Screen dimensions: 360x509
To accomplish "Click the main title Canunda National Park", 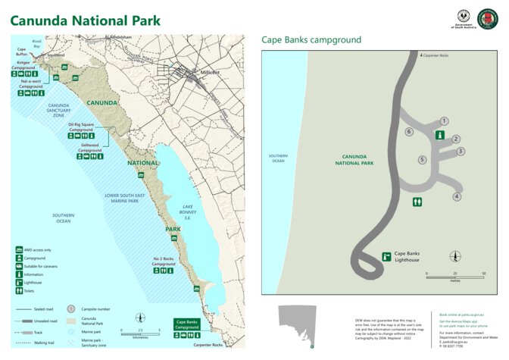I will pos(85,20).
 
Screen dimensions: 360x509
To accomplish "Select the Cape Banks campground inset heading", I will pos(311,39).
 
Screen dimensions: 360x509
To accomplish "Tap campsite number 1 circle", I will pos(444,121).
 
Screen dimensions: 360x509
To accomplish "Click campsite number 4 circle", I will pos(457,197).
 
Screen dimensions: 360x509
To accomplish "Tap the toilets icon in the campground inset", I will pos(417,202).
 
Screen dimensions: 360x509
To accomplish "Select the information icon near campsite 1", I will pos(439,135).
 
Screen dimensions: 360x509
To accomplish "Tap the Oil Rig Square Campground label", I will pos(81,127).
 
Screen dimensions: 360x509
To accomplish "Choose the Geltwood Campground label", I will pos(90,150).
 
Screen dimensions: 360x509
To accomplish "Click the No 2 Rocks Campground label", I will pos(165,261).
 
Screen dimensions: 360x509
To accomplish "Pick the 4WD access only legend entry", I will pos(39,249).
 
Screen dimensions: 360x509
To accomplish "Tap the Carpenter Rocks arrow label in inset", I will pos(435,56).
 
